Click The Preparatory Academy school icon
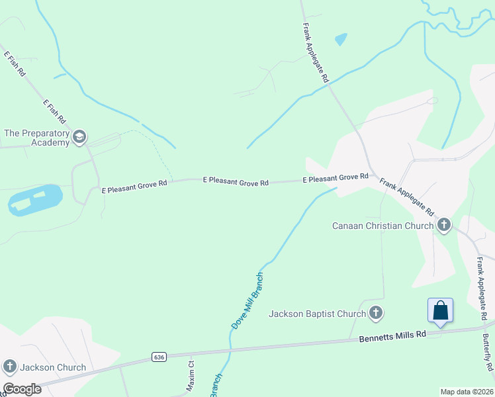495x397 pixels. point(79,138)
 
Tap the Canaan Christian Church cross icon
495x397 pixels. point(444,226)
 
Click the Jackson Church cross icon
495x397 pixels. point(10,367)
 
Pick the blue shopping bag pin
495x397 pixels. point(441,310)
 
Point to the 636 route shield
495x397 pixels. point(158,357)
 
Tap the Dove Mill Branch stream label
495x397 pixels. point(247,300)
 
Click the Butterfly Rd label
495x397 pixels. point(486,351)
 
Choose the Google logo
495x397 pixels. point(22,389)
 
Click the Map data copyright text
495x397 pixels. point(467,391)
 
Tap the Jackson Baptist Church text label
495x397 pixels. point(317,314)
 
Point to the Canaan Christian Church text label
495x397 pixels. point(382,226)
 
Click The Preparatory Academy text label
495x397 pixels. point(37,138)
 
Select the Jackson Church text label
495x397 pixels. point(53,367)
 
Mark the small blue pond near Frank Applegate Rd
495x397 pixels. point(341,40)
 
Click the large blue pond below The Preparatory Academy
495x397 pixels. point(35,199)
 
